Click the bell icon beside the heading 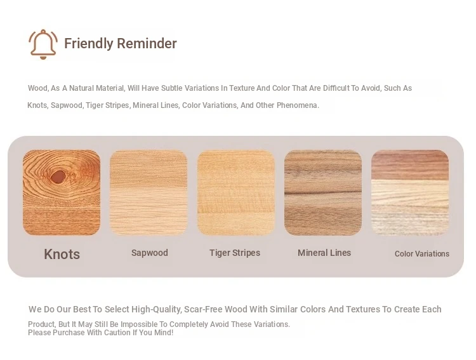click(43, 44)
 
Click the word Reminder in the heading click(147, 43)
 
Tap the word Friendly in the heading click(89, 44)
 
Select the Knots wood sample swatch click(62, 192)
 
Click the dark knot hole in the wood click(58, 177)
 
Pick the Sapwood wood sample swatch click(149, 192)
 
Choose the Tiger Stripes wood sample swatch click(236, 192)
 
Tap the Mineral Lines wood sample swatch click(323, 192)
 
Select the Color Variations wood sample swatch click(410, 192)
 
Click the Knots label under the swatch click(62, 254)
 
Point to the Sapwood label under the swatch click(150, 253)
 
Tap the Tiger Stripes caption click(235, 253)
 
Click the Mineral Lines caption click(324, 253)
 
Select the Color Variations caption click(422, 254)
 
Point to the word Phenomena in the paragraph click(298, 105)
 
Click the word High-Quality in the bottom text click(157, 310)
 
